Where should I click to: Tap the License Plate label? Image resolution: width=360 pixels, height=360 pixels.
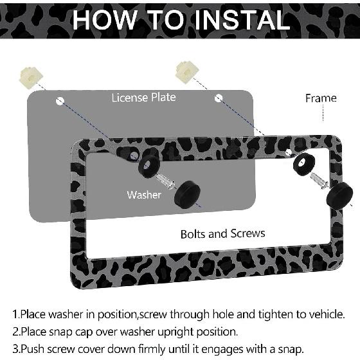[x=143, y=98]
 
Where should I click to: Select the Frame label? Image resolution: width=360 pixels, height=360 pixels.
[x=321, y=98]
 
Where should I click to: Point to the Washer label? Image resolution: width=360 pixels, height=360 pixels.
[x=144, y=195]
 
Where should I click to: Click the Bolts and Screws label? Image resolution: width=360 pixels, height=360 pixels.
[x=222, y=234]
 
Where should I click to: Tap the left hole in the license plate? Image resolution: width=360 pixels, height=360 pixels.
[x=60, y=100]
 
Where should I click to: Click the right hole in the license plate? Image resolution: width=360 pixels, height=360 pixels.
[x=219, y=98]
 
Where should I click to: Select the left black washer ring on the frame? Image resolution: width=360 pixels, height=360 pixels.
[x=147, y=166]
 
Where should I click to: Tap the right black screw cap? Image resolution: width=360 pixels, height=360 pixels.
[x=339, y=194]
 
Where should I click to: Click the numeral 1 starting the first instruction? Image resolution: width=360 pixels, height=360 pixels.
[x=15, y=315]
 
